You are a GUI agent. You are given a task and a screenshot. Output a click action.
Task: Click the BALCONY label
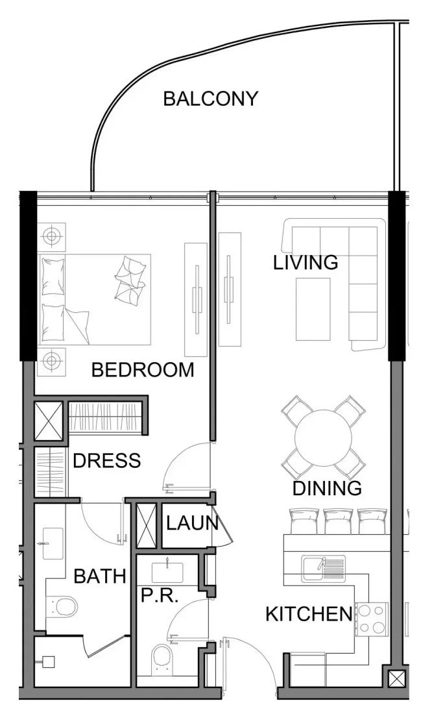click(x=211, y=99)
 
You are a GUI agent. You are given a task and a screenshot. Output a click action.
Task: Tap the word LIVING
click(x=306, y=263)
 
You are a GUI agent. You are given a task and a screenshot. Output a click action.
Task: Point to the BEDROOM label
click(x=143, y=370)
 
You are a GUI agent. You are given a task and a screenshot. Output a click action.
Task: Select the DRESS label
click(x=107, y=461)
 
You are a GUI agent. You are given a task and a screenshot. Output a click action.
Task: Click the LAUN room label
click(x=192, y=523)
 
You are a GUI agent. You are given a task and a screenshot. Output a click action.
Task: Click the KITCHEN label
click(x=309, y=614)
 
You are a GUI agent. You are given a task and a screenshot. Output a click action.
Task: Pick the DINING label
click(x=327, y=488)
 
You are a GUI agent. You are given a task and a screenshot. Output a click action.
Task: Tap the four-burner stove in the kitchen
click(x=372, y=619)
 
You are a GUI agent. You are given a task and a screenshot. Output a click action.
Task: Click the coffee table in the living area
click(x=313, y=309)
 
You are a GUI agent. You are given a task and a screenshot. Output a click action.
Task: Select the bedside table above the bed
click(x=51, y=236)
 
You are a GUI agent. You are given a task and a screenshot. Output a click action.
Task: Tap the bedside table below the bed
click(x=51, y=362)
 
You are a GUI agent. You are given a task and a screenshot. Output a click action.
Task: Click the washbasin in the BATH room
click(x=53, y=543)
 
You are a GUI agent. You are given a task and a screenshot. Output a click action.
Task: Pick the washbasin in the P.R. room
click(x=167, y=572)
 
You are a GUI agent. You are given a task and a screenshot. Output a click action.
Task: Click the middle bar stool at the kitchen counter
click(x=338, y=521)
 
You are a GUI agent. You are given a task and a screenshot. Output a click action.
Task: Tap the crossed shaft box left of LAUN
click(x=147, y=525)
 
